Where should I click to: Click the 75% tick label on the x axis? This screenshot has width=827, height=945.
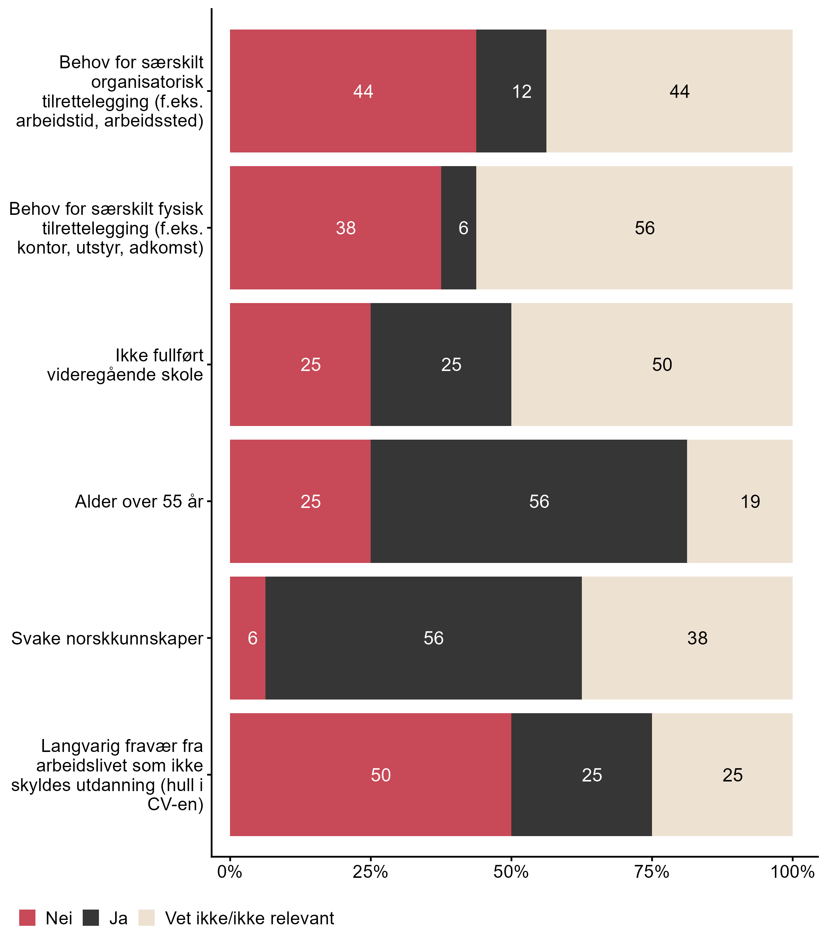coord(652,872)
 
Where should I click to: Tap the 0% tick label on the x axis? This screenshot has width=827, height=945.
coord(230,872)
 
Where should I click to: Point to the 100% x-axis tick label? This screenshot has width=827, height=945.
coord(792,872)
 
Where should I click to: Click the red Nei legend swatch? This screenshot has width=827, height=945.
coord(27,918)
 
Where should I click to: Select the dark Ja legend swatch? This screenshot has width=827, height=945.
coord(91,918)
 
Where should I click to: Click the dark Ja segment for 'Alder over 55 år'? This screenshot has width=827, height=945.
coord(528,501)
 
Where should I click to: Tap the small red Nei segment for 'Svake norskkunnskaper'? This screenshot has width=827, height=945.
coord(248,638)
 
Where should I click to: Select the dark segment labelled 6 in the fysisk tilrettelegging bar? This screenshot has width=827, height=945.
coord(459,228)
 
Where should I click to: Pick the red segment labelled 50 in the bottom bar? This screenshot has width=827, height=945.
coord(371,775)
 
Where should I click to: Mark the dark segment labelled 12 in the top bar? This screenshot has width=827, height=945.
coord(511,92)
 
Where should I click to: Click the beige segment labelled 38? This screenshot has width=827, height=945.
coord(687,638)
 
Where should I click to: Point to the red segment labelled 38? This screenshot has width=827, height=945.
coord(336,228)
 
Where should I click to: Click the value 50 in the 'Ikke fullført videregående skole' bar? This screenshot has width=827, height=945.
coord(662,365)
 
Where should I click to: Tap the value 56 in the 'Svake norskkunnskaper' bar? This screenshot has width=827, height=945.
coord(434,638)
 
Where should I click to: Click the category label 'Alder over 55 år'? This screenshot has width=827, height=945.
coord(139,502)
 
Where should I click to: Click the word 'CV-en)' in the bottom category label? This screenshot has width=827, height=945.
coord(175,804)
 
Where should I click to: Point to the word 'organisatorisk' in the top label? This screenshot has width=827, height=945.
coord(147,82)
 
